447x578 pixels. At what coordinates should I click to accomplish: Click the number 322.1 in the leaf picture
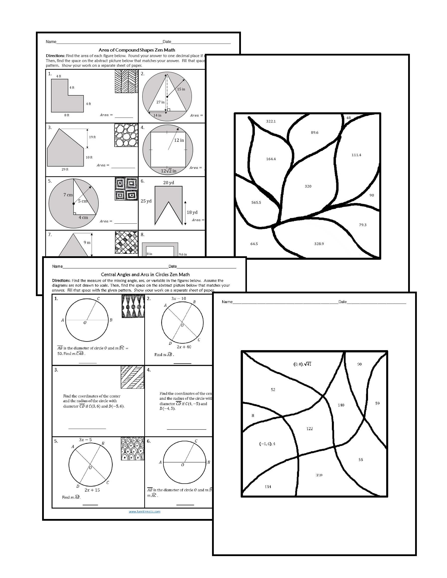271,121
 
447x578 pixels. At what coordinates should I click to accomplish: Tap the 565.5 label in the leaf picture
256,202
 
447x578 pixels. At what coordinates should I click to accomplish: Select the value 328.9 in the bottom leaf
319,244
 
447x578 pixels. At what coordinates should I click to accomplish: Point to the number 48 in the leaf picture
349,118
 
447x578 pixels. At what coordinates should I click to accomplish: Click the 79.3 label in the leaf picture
363,225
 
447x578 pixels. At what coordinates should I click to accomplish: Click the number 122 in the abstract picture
309,429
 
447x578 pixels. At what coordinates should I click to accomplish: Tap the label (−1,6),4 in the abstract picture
267,444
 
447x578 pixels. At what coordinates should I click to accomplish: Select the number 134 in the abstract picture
268,487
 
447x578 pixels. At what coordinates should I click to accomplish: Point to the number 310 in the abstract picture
319,475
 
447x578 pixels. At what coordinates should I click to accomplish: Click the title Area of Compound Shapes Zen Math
137,50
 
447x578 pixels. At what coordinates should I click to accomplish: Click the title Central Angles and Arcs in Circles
145,275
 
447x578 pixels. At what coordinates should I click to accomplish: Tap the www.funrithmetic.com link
144,512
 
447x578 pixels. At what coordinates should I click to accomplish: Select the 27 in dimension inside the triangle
160,102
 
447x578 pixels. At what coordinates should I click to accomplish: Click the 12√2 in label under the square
168,171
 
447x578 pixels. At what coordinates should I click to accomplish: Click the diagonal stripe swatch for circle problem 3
132,377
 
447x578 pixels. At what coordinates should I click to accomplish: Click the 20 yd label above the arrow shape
168,183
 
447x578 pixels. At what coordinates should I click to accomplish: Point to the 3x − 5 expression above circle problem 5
85,440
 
